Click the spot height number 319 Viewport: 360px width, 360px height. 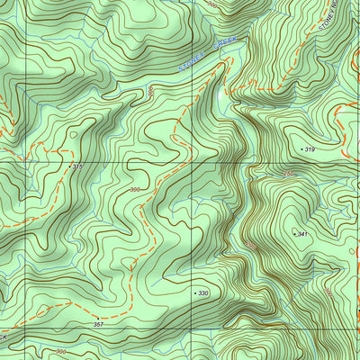(x=310, y=148)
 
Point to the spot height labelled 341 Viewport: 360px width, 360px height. (x=302, y=234)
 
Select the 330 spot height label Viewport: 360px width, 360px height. (x=203, y=293)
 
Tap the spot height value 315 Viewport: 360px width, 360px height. (x=77, y=166)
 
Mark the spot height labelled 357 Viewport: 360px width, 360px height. (x=99, y=322)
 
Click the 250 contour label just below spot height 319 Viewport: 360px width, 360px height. (x=289, y=173)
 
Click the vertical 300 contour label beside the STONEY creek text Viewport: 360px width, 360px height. (x=151, y=92)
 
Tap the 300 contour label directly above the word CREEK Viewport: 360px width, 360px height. (x=212, y=5)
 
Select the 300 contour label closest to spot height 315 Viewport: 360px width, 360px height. (x=135, y=190)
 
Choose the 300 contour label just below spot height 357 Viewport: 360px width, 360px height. (x=61, y=352)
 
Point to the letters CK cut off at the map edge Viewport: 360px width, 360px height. (x=4, y=337)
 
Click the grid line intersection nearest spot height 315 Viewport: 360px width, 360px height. (x=25, y=163)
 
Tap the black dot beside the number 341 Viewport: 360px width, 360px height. (x=293, y=234)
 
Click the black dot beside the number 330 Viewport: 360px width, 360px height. (x=194, y=293)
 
